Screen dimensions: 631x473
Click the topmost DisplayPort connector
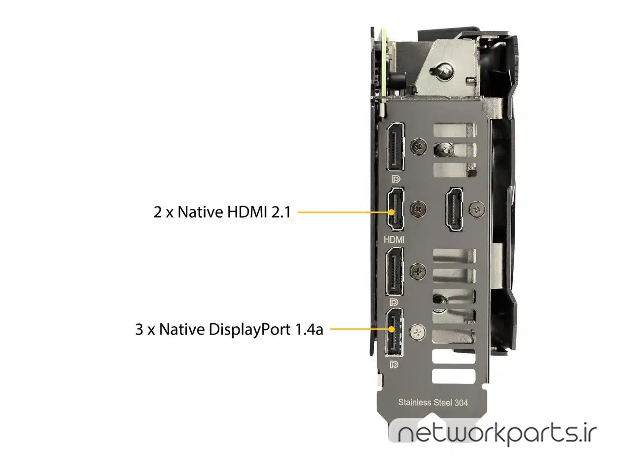click(395, 147)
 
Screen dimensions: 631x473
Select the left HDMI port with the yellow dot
click(395, 209)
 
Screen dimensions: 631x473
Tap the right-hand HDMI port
click(454, 209)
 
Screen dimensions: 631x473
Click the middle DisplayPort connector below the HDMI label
click(394, 271)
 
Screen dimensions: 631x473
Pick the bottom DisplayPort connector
click(394, 333)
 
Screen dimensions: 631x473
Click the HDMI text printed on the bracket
click(394, 239)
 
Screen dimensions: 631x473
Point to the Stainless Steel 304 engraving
click(433, 403)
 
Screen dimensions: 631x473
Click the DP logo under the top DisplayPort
click(395, 179)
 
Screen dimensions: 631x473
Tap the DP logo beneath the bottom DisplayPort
click(394, 365)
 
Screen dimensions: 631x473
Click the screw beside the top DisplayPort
click(418, 147)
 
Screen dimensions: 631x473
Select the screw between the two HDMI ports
click(418, 208)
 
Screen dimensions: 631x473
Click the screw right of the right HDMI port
click(477, 209)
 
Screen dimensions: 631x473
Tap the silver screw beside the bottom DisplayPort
click(417, 332)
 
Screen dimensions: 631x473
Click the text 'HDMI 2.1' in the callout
click(259, 212)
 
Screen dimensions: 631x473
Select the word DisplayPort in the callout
click(249, 330)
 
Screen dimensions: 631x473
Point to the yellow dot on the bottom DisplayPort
click(391, 329)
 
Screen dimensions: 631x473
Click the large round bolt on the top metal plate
click(442, 70)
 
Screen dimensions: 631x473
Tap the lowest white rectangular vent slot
click(454, 376)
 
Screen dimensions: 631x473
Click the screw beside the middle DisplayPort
click(418, 271)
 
